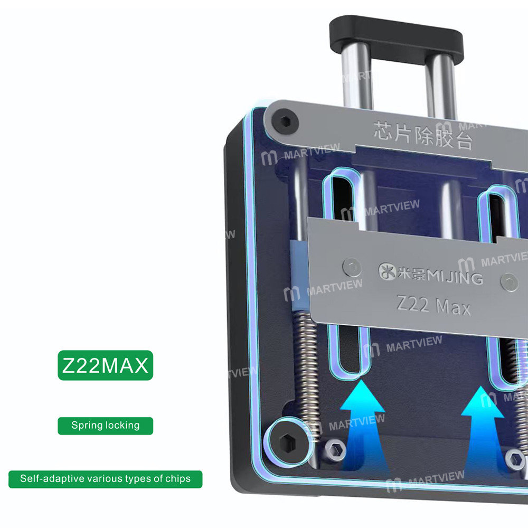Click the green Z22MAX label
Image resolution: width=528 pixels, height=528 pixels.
[x=105, y=365]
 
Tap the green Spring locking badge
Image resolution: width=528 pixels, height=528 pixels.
[x=105, y=426]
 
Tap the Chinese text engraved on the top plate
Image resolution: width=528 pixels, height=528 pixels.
[x=422, y=134]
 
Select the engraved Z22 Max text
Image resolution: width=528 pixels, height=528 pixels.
[x=433, y=306]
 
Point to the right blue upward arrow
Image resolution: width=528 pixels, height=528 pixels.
[x=483, y=422]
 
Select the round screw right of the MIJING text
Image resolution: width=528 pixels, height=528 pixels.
[x=510, y=281]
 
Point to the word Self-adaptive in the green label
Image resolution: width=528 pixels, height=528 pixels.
[x=44, y=479]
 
